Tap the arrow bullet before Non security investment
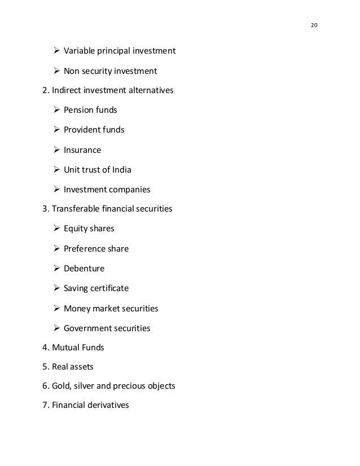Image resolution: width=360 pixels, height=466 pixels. [x=56, y=71]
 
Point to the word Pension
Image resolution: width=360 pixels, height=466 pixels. [x=79, y=110]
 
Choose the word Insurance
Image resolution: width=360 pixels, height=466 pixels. [x=82, y=150]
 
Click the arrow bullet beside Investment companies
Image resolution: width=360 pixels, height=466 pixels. [x=56, y=190]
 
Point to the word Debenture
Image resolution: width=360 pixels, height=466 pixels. [x=84, y=269]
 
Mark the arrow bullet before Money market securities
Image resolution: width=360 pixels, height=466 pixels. [x=56, y=309]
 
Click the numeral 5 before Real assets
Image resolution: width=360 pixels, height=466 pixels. [x=45, y=367]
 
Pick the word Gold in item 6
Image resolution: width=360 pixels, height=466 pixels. [x=62, y=386]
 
